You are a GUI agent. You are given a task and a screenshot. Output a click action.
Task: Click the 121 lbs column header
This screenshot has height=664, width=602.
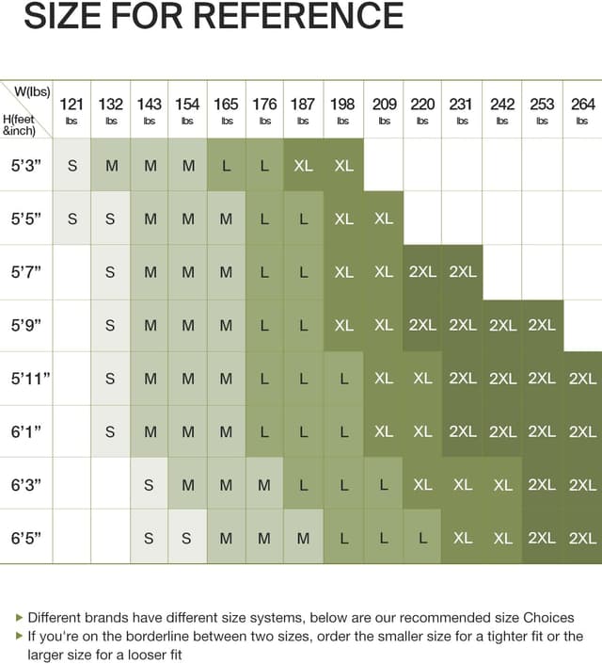71,109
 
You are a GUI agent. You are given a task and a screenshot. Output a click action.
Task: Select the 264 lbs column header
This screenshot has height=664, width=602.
582,109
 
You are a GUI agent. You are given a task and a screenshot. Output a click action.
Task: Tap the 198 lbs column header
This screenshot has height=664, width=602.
342,109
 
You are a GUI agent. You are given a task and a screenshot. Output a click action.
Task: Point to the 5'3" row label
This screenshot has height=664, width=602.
26,165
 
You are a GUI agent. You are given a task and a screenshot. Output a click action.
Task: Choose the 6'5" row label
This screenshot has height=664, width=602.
26,538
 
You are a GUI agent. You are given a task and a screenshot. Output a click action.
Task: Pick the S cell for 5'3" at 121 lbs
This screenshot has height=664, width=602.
71,165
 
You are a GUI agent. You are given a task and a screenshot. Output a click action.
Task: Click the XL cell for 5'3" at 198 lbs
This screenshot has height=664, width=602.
343,165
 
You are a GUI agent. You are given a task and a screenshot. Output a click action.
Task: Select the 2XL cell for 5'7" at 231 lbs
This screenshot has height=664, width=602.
462,271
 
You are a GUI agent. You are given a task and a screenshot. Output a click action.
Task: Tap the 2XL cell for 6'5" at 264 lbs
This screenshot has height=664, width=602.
582,538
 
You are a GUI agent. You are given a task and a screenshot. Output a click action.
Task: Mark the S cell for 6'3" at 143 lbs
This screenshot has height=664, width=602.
149,485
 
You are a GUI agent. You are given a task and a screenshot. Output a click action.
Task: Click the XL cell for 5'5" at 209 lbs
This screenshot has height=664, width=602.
383,218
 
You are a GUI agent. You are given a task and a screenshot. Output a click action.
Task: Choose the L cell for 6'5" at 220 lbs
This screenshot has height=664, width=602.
422,538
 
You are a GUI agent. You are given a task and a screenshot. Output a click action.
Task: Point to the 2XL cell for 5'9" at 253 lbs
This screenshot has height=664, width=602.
542,325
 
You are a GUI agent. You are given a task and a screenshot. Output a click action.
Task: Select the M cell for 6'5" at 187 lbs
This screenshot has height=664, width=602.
303,538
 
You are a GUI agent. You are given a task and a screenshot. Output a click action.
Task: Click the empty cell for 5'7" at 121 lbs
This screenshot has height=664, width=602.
71,271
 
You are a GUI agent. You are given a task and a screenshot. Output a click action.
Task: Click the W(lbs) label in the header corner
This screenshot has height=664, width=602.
33,91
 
